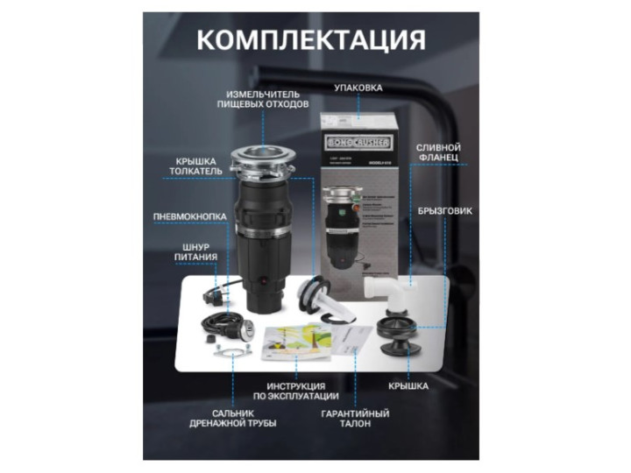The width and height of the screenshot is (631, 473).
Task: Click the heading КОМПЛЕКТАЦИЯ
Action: (x=310, y=40)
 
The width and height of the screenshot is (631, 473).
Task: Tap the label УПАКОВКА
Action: (x=359, y=88)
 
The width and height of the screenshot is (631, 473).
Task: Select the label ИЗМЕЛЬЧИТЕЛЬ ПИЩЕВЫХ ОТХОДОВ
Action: (x=263, y=99)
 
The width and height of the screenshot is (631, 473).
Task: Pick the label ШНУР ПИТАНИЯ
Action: (x=195, y=253)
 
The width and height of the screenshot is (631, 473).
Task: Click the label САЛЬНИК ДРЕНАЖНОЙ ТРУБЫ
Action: (x=232, y=418)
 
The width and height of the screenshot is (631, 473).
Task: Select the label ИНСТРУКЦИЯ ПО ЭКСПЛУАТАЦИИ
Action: (x=296, y=391)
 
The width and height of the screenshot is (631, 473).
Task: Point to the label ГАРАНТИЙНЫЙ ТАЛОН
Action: (x=355, y=418)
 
